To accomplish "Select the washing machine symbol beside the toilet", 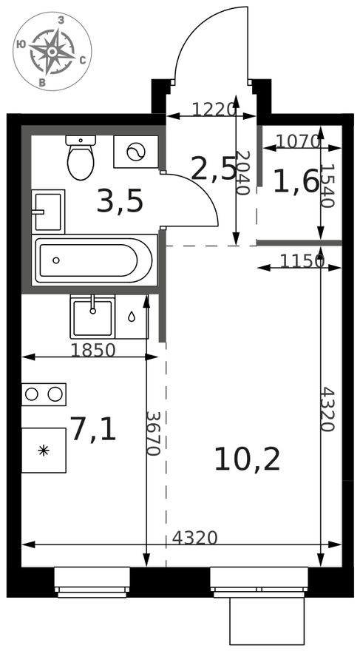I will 135,152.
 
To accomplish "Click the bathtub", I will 95,260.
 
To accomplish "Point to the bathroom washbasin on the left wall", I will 48,211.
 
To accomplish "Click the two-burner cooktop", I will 44,394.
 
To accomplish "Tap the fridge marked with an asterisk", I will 44,450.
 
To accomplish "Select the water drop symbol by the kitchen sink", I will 131,317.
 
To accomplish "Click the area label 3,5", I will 119,201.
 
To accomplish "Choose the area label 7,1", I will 93,429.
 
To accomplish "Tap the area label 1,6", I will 296,181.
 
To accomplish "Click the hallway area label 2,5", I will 214,169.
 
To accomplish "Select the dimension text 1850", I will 93,351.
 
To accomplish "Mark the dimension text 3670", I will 153,433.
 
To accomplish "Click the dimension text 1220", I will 214,110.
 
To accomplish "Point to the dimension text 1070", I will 298,141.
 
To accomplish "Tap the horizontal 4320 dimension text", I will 194,538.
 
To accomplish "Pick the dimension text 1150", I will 302,260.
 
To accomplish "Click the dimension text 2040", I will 241,172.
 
